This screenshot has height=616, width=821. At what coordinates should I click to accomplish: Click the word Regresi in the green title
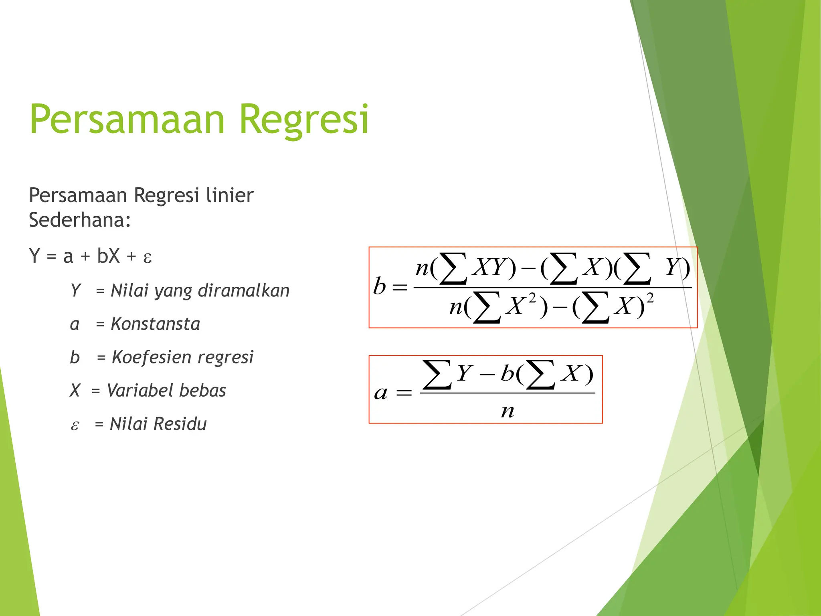point(303,120)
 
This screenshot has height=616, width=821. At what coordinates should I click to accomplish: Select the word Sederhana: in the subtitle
point(80,220)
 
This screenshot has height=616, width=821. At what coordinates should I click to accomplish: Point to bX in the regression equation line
point(108,256)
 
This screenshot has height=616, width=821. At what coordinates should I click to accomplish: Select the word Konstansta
point(155,324)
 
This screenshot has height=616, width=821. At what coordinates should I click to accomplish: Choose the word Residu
point(180,424)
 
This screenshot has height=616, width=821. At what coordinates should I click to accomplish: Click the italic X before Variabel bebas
point(75,391)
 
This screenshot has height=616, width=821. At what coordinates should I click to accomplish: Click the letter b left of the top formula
point(379,286)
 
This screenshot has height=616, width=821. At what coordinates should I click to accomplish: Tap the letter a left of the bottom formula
point(381,393)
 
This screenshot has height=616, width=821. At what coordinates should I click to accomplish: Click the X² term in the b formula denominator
point(520,306)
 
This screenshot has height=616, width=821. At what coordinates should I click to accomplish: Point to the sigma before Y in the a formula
point(437,375)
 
